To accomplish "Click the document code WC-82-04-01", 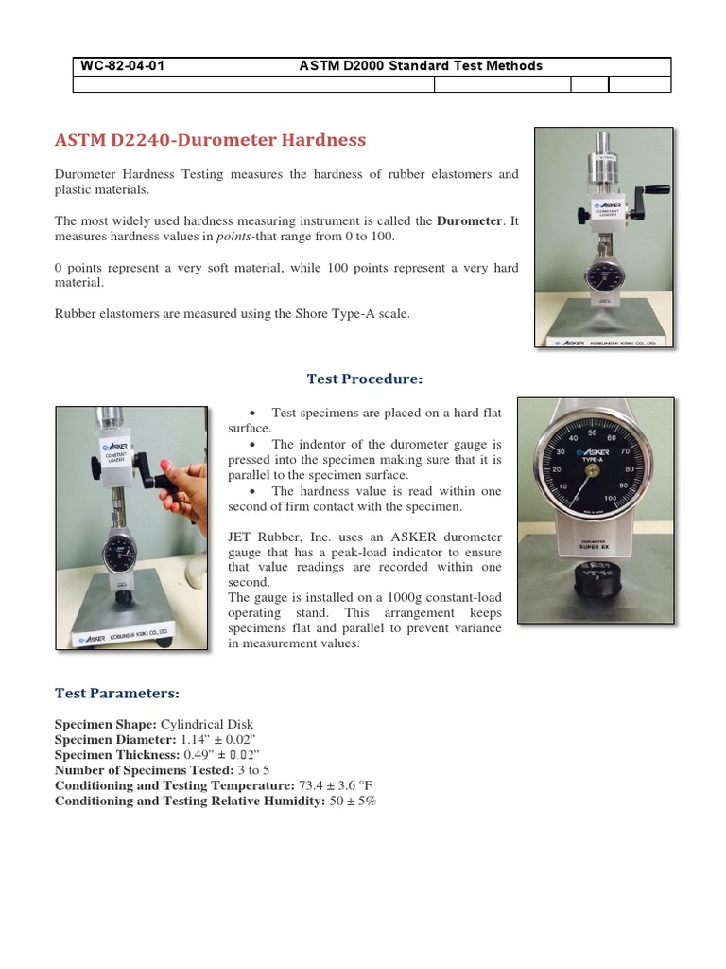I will [x=123, y=66].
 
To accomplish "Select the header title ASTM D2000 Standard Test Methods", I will [x=421, y=66].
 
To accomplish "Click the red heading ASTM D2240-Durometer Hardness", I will [x=210, y=141].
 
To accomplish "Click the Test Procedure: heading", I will [x=364, y=379].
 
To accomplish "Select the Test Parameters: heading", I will [x=117, y=694].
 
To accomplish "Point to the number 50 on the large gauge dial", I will [x=593, y=432].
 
